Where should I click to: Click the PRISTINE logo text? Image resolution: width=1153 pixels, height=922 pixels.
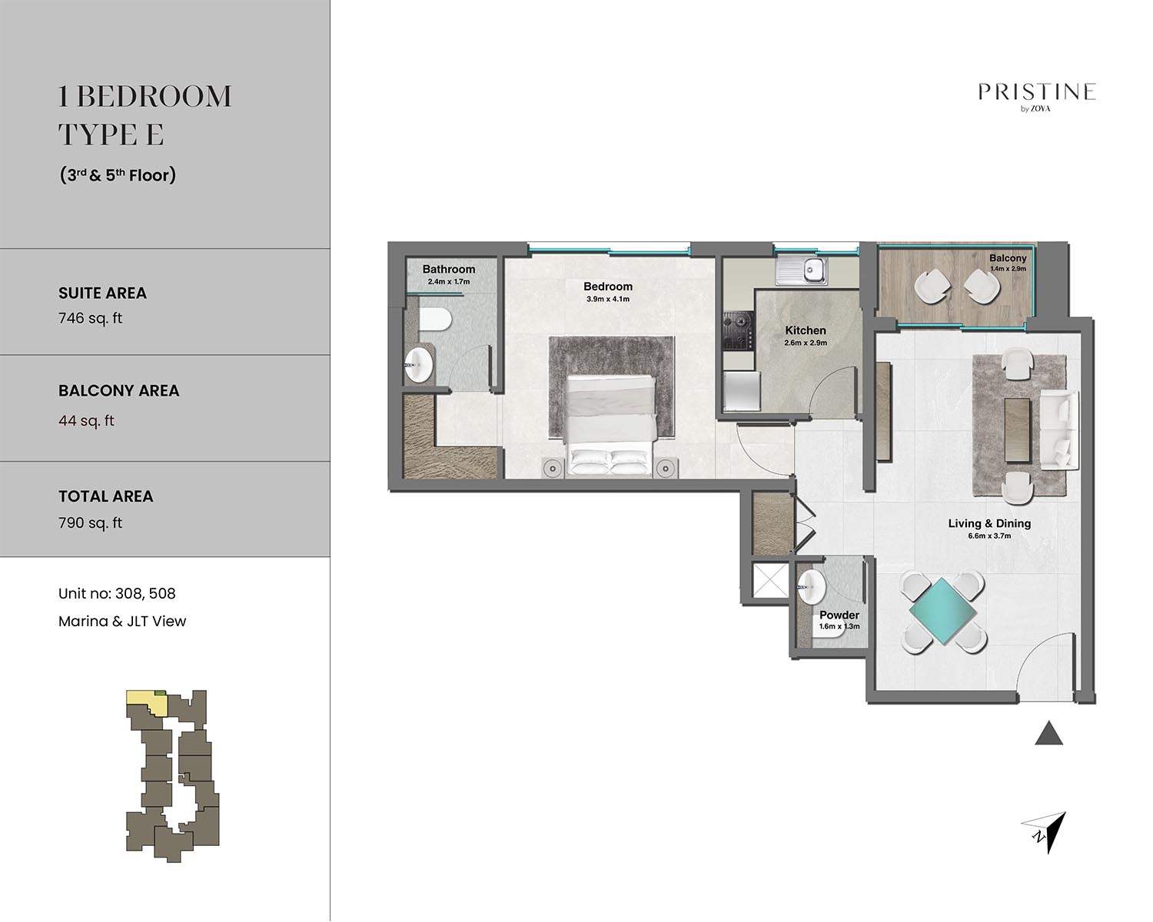tap(1036, 92)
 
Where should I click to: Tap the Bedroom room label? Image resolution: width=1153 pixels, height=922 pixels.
tap(607, 287)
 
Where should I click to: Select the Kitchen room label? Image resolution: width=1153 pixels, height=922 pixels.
tap(806, 330)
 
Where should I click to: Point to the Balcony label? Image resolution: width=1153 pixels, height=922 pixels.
tap(1007, 258)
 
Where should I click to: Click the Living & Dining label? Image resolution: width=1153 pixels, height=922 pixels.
tap(989, 523)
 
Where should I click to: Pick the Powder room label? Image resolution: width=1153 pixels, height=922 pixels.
tap(839, 615)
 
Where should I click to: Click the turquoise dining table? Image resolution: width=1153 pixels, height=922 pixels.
tap(942, 612)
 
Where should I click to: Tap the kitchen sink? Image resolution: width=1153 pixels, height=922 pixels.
tap(802, 270)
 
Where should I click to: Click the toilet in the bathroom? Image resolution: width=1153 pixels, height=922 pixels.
tap(434, 320)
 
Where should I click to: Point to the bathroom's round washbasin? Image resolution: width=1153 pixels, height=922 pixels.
tap(418, 365)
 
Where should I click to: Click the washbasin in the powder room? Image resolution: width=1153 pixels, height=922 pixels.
tap(811, 587)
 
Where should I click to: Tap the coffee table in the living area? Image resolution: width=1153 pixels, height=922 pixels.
tap(1017, 429)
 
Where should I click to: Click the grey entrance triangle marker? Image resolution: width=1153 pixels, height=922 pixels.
tap(1048, 733)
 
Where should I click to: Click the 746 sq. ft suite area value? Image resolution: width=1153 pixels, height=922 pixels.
tap(90, 318)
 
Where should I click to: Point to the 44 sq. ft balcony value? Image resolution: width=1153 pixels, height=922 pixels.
tap(86, 420)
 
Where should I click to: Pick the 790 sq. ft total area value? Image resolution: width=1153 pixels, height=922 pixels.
tap(90, 523)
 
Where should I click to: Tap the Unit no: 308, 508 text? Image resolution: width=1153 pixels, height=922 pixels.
tap(117, 593)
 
